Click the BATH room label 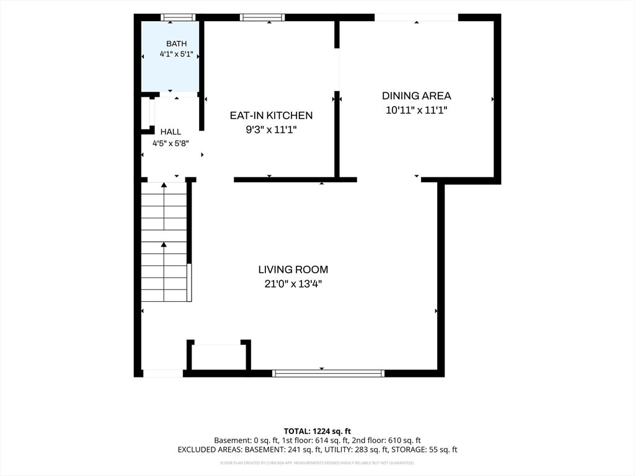(x=177, y=44)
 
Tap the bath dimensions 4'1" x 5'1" (x=176, y=54)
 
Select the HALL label (x=171, y=132)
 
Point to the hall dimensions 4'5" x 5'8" (x=171, y=143)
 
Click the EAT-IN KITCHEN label (x=272, y=115)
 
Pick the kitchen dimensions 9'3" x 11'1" (x=272, y=130)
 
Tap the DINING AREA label (x=416, y=96)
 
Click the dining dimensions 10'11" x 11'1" (x=416, y=110)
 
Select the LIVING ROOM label (x=293, y=270)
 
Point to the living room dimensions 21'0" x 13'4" (x=293, y=284)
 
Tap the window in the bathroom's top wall (x=178, y=17)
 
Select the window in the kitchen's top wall (x=262, y=17)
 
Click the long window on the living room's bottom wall (x=328, y=373)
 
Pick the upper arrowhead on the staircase (x=164, y=185)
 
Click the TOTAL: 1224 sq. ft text (x=317, y=431)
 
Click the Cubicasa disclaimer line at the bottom (x=317, y=462)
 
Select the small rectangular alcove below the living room (x=218, y=357)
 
